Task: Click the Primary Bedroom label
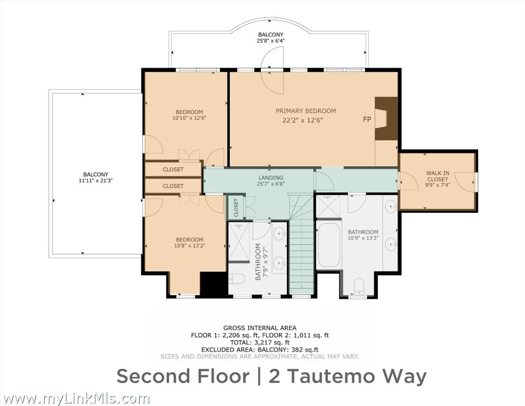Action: point(306,111)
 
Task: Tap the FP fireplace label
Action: point(367,119)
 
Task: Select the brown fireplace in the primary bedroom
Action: point(386,119)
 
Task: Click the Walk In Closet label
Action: point(437,176)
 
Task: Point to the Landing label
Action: point(271,178)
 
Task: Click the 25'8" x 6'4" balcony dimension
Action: point(270,41)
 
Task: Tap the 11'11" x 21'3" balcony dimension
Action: point(96,180)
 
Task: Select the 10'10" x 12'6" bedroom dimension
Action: point(189,118)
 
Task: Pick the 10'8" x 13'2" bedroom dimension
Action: point(190,246)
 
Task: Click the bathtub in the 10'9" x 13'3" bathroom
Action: point(329,245)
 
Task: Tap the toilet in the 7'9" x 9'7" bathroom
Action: point(237,279)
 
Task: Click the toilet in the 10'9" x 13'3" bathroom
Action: point(359,286)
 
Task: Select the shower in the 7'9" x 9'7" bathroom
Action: point(239,242)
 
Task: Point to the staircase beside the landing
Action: point(301,244)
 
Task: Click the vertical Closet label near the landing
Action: point(236,208)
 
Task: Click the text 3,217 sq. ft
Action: point(272,342)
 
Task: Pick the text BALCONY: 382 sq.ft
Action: point(288,350)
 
